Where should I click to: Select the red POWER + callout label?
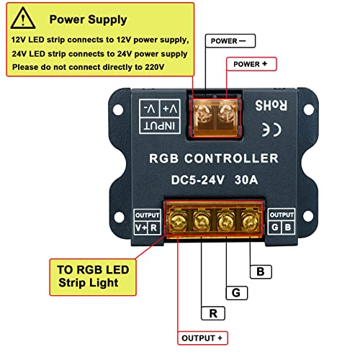pyautogui.click(x=254, y=64)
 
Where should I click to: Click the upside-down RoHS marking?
pyautogui.click(x=274, y=105)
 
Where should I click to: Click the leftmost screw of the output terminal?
pyautogui.click(x=178, y=219)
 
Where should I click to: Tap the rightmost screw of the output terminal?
pyautogui.click(x=248, y=219)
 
